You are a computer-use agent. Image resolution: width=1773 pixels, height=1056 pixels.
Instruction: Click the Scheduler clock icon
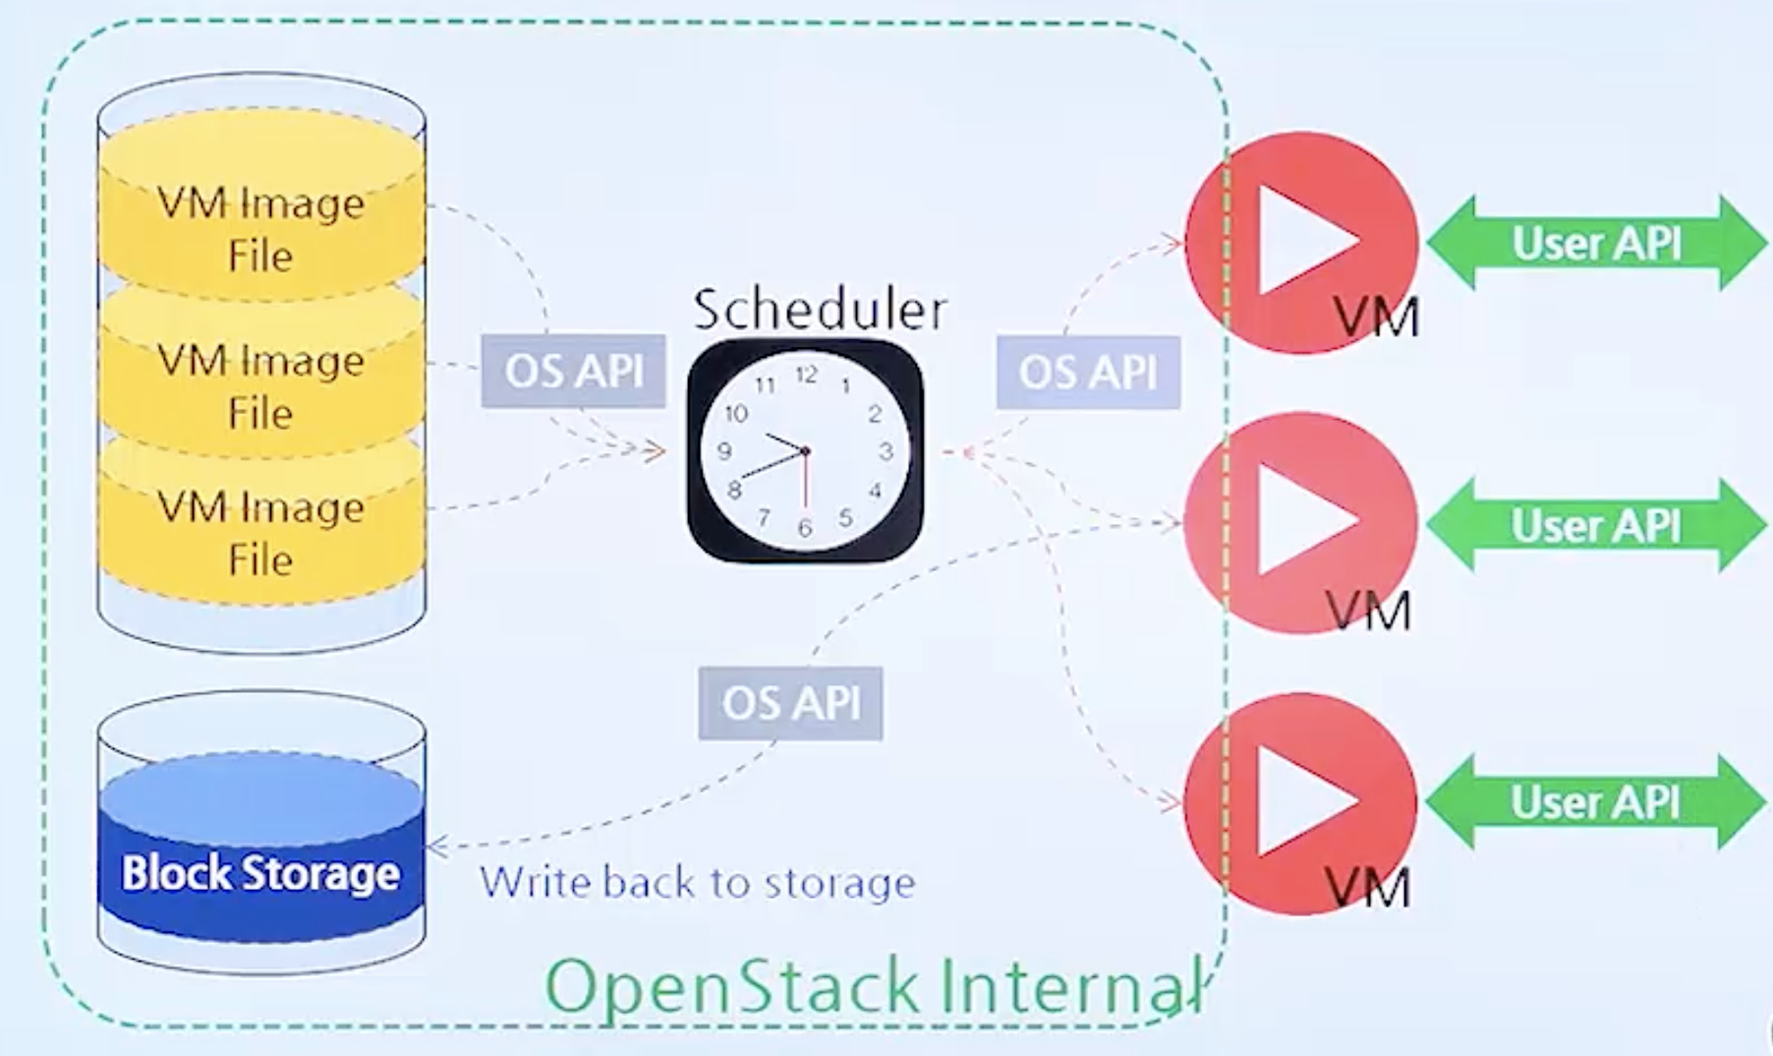click(x=805, y=451)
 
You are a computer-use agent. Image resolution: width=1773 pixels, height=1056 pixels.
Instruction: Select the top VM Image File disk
click(x=260, y=228)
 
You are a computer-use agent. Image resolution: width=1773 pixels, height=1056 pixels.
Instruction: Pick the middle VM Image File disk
click(x=260, y=384)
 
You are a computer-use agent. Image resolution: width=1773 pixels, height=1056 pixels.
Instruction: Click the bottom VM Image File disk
click(x=260, y=532)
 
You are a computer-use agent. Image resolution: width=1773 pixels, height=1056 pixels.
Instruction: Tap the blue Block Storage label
click(x=260, y=873)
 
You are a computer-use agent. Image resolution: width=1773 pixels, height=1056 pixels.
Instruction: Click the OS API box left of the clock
click(x=573, y=372)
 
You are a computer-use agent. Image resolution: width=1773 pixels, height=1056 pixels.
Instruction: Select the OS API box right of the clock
click(x=1087, y=372)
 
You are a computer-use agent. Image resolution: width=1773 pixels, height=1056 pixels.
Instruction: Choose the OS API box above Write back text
click(x=790, y=703)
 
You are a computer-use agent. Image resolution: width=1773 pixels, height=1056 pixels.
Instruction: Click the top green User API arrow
click(x=1596, y=243)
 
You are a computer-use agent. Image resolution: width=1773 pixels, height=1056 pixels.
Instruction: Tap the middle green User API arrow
click(x=1596, y=525)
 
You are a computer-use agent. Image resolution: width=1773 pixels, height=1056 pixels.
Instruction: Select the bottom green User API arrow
click(x=1596, y=801)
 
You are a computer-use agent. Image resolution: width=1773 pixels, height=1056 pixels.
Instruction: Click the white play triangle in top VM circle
click(x=1297, y=241)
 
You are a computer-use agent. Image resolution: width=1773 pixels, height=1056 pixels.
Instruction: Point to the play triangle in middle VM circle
click(x=1297, y=519)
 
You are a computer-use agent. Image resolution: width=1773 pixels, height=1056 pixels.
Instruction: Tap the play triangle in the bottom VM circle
click(x=1297, y=801)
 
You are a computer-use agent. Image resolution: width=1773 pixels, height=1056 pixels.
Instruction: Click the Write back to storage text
click(x=698, y=882)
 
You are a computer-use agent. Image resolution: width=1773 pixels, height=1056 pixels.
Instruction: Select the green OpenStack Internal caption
click(x=873, y=986)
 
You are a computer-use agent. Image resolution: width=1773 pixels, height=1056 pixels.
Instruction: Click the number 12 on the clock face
click(x=806, y=375)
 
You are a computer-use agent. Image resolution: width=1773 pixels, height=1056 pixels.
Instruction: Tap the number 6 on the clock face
click(x=805, y=528)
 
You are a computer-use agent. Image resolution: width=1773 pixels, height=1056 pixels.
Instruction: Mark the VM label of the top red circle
click(x=1376, y=317)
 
